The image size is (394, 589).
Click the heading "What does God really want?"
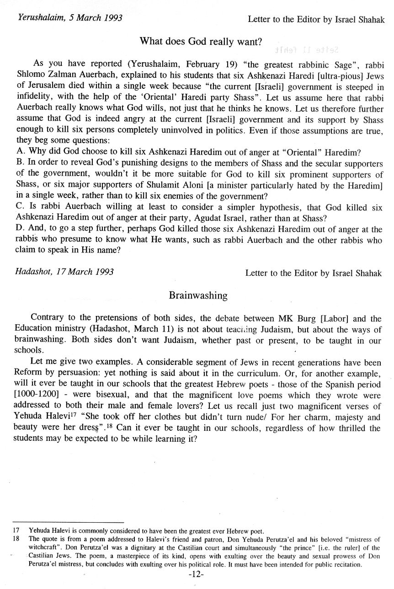pos(201,42)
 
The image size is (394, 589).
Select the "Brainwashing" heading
pos(198,295)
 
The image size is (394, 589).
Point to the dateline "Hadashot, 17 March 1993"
pos(64,272)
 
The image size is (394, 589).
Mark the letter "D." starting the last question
pos(21,229)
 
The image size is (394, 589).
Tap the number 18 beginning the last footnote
pos(16,540)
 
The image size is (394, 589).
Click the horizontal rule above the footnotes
pos(68,522)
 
